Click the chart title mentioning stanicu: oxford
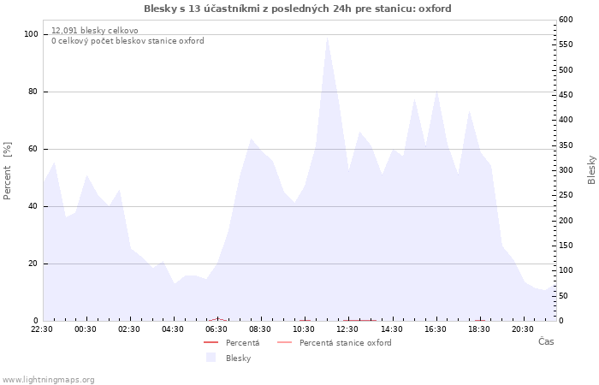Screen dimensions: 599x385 [298, 9]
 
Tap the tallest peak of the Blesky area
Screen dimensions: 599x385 [328, 38]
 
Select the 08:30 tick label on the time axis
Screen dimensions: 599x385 [260, 329]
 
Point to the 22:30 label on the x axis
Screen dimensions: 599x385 [42, 329]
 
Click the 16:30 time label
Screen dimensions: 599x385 [435, 329]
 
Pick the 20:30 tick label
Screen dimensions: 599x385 [523, 329]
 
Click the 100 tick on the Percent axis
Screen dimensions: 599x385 [31, 34]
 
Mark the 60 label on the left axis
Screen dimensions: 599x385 [33, 149]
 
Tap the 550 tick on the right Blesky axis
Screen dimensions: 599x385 [566, 44]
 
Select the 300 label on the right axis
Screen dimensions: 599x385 [566, 170]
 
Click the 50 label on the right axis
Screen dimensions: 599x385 [563, 296]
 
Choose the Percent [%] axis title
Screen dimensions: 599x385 [7, 171]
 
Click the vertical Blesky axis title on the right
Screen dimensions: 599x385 [591, 170]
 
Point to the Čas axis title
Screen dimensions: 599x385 [546, 341]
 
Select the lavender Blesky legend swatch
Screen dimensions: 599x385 [211, 358]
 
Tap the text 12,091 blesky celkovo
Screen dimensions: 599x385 [95, 31]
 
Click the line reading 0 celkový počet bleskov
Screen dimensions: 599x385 [128, 41]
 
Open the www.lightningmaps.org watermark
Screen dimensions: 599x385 [48, 380]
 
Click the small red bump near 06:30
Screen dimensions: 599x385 [217, 318]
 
